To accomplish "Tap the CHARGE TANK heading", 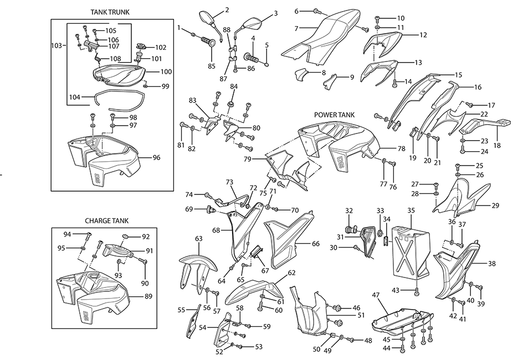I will pyautogui.click(x=106, y=220).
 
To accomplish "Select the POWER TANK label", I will pyautogui.click(x=334, y=115).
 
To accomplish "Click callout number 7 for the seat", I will pyautogui.click(x=297, y=28).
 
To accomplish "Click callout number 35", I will pyautogui.click(x=411, y=210).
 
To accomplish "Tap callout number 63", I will pyautogui.click(x=198, y=238).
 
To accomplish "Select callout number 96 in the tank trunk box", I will pyautogui.click(x=157, y=158).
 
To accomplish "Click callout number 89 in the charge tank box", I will pyautogui.click(x=148, y=297).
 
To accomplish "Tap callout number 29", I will pyautogui.click(x=495, y=205).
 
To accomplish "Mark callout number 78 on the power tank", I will pyautogui.click(x=401, y=148).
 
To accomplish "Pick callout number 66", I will pyautogui.click(x=315, y=244).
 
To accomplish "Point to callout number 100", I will pyautogui.click(x=166, y=72).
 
